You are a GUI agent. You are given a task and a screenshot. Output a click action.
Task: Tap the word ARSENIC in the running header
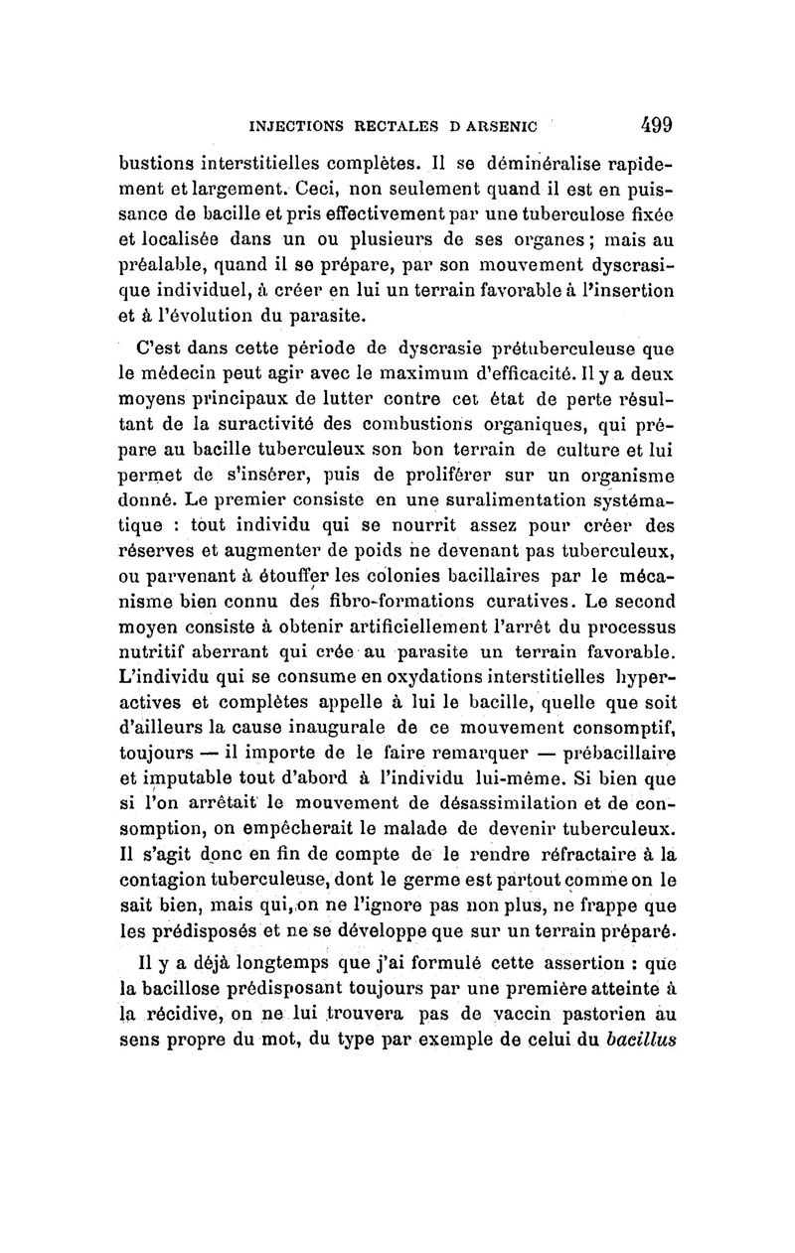[496, 126]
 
